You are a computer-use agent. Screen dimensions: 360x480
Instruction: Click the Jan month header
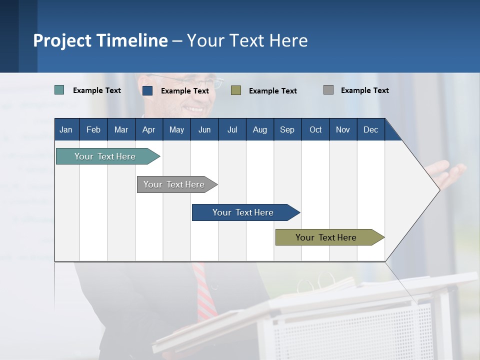[66, 130]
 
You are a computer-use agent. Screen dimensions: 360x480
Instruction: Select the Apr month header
[148, 130]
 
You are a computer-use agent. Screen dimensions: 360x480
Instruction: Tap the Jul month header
[232, 130]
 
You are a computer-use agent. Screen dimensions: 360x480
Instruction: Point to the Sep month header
[287, 130]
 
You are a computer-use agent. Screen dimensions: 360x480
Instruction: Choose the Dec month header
[370, 130]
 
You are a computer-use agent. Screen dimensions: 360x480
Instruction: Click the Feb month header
[93, 130]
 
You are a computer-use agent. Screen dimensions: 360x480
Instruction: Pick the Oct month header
[315, 130]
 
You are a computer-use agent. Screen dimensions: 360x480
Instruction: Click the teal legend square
[59, 90]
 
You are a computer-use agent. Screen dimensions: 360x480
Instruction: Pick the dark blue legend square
[147, 90]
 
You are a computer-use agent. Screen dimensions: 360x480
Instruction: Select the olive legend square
[236, 90]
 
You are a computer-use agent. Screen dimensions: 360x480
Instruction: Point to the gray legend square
[328, 90]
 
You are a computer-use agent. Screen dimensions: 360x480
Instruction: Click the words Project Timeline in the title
[100, 40]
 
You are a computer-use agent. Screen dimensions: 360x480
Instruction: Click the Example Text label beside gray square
[364, 90]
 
